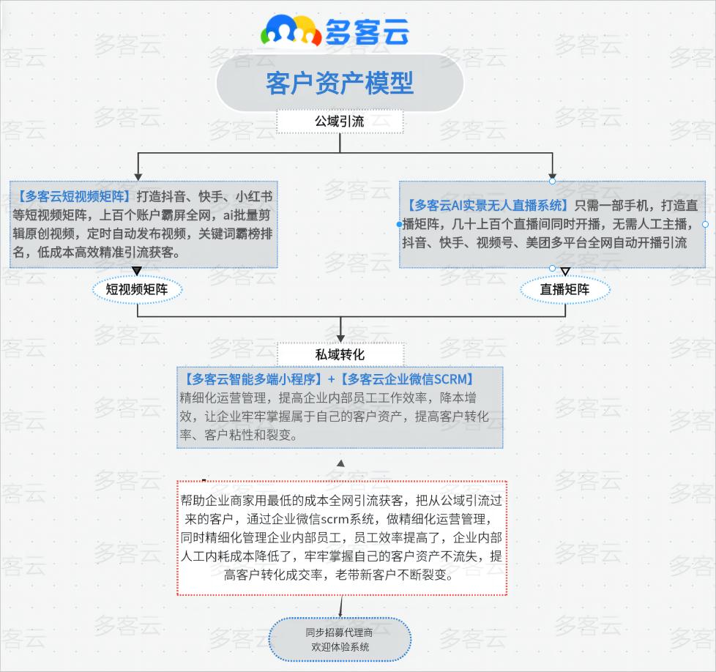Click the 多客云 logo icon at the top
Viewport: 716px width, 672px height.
291,31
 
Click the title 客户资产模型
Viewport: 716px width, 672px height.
340,83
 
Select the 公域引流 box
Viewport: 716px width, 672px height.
340,122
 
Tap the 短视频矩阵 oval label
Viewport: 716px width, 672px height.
137,290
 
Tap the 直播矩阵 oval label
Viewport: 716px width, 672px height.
564,290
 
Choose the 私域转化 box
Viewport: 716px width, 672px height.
340,354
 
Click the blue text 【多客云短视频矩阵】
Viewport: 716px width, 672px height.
72,196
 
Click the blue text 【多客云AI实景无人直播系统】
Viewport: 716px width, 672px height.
488,204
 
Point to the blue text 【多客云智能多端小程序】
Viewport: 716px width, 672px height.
253,379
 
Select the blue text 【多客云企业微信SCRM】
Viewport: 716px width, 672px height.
409,379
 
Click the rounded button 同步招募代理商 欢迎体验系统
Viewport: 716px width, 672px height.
340,640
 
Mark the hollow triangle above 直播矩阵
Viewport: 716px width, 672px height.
564,272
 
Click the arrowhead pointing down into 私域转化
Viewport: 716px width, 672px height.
340,338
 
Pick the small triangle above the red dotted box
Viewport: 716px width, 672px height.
340,463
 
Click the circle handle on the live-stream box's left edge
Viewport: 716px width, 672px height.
400,224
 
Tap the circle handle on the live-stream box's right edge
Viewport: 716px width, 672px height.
705,224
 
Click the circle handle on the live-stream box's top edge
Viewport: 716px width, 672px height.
553,181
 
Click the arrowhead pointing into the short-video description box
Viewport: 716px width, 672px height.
137,177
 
